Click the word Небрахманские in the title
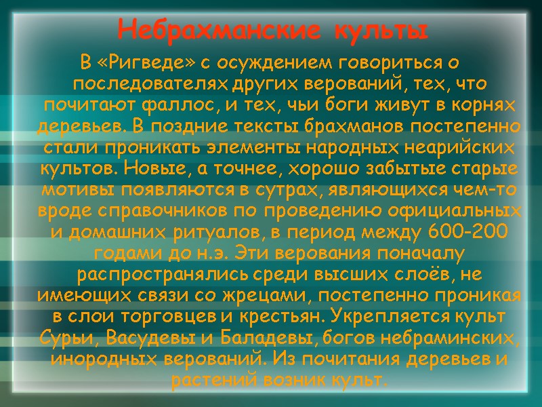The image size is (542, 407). (202, 31)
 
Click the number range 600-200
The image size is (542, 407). (468, 232)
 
